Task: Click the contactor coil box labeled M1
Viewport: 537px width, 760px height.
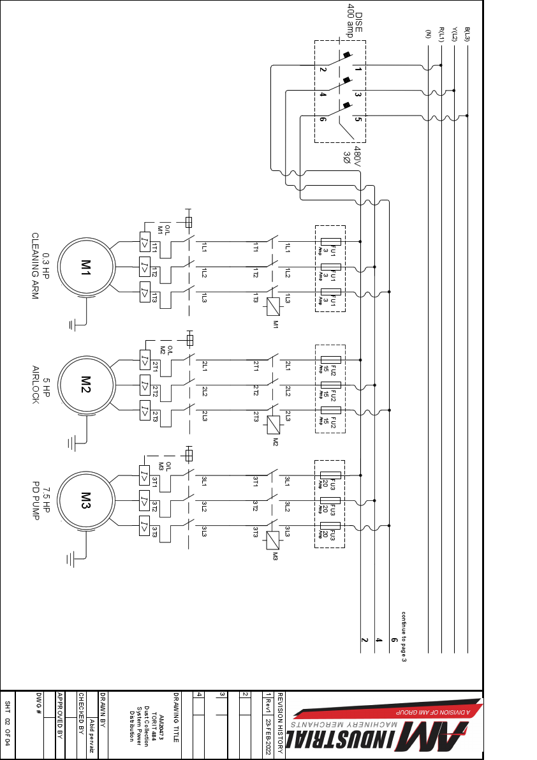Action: coord(272,307)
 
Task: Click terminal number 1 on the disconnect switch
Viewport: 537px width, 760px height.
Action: coord(358,69)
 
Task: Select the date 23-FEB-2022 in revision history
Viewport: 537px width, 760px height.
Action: coord(268,734)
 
